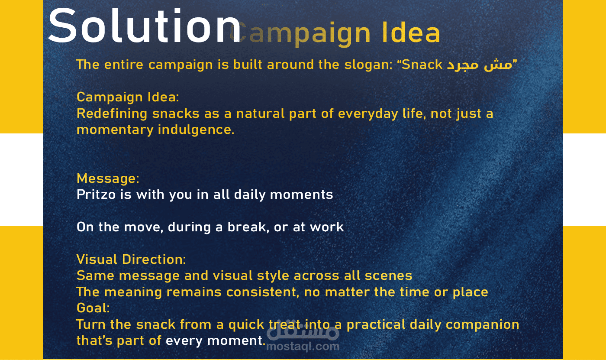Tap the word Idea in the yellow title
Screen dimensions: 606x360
point(411,32)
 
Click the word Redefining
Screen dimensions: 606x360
point(112,114)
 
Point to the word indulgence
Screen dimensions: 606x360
point(196,130)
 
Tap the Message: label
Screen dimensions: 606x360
point(108,178)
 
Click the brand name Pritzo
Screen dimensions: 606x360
point(96,195)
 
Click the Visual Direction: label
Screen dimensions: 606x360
point(131,259)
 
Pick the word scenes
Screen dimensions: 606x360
point(388,276)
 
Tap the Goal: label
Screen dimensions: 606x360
point(93,308)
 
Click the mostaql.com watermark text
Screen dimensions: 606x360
point(303,347)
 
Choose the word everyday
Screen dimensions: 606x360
point(368,114)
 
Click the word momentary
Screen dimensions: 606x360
point(115,130)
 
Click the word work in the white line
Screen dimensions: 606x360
point(327,227)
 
